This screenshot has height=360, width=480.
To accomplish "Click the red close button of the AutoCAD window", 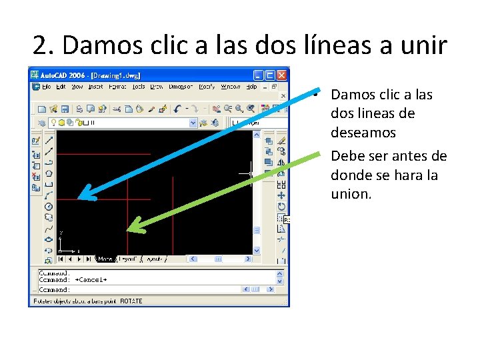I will click(x=283, y=75).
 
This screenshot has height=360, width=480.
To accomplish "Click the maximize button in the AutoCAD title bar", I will click(x=271, y=75).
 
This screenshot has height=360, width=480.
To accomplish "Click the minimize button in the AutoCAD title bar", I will click(x=260, y=75).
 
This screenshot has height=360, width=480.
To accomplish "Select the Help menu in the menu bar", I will click(x=251, y=87).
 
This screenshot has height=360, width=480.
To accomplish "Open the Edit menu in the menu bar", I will click(x=61, y=87).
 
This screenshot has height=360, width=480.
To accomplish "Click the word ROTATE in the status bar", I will click(x=131, y=301).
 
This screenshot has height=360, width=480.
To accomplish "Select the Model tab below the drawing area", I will click(x=105, y=259).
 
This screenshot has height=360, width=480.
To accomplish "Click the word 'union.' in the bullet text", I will click(x=351, y=194).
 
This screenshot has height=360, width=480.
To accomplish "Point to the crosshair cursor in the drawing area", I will click(x=249, y=173).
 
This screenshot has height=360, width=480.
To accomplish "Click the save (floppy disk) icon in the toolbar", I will click(x=65, y=109).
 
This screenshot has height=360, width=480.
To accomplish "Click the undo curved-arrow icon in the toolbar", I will click(x=177, y=109).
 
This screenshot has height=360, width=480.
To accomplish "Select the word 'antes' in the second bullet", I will click(x=401, y=156).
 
